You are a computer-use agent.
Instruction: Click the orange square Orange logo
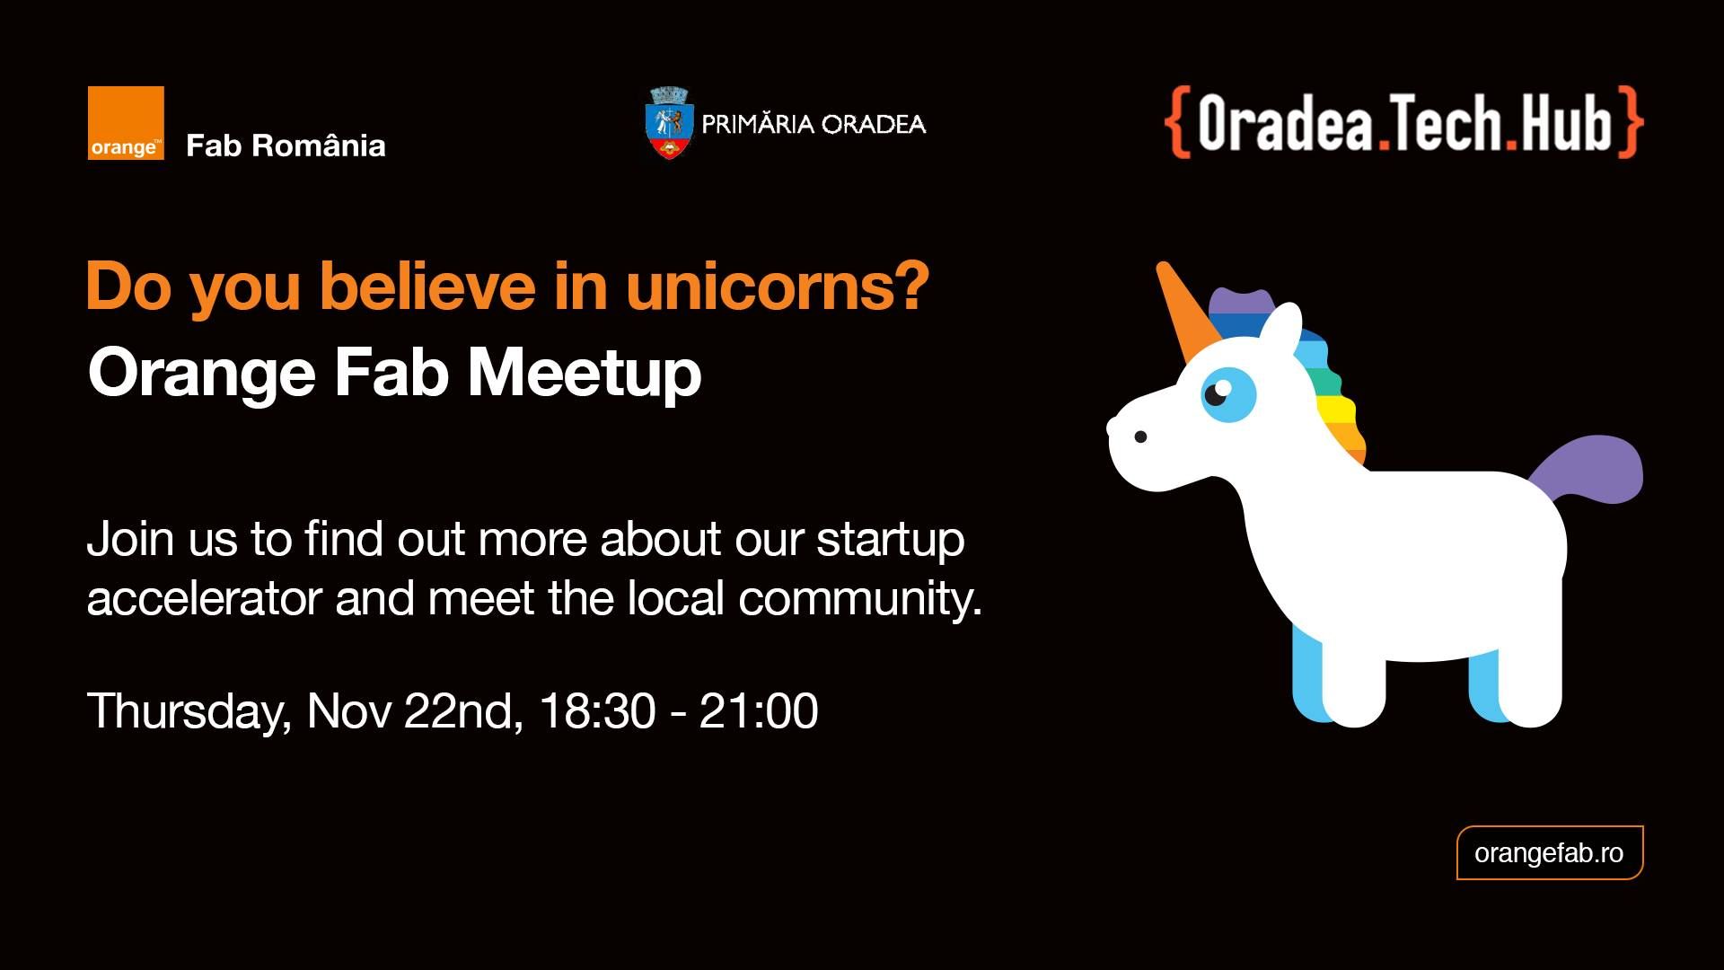pos(126,123)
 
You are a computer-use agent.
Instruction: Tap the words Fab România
pos(286,145)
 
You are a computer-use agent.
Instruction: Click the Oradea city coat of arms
pos(668,123)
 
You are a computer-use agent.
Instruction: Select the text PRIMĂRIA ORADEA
pos(813,124)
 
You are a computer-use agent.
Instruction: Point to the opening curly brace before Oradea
pos(1178,123)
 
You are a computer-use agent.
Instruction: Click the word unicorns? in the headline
pos(778,287)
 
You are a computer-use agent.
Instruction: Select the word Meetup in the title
pos(585,373)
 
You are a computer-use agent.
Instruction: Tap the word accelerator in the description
pos(204,598)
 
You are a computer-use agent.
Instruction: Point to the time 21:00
pos(759,711)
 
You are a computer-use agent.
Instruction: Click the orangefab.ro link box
pos(1549,852)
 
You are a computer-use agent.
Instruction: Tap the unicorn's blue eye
pos(1228,393)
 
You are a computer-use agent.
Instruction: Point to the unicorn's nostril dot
pos(1140,437)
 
